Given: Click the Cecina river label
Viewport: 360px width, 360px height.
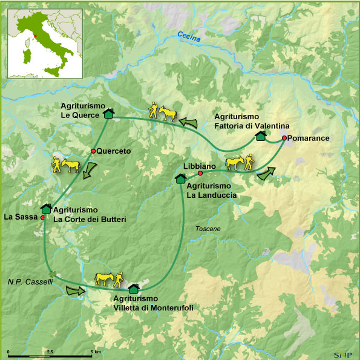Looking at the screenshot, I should [x=189, y=37].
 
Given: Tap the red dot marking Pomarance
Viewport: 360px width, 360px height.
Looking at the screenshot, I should [x=284, y=138].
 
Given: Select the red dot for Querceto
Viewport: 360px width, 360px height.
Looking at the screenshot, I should [x=93, y=151].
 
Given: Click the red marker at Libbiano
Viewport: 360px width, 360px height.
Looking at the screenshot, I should [x=200, y=174].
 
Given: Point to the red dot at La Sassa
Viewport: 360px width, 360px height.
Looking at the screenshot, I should [x=42, y=217].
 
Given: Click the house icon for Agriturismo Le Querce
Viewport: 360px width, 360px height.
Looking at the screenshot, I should [x=108, y=113].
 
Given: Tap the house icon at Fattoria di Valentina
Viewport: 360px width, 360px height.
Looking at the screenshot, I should [x=260, y=136].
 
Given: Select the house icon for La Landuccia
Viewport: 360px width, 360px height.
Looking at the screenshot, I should [x=180, y=178].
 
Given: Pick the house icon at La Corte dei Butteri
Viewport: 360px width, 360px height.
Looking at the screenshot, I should [x=46, y=209].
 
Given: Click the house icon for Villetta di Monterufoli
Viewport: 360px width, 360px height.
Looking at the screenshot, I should [x=133, y=289].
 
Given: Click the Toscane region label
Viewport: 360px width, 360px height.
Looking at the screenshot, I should [x=208, y=229].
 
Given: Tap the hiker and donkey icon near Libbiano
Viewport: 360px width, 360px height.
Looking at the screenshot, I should [x=238, y=163].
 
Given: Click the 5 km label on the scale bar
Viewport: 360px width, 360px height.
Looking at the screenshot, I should [x=96, y=351].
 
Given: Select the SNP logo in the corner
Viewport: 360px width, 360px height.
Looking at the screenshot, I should [x=342, y=354].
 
